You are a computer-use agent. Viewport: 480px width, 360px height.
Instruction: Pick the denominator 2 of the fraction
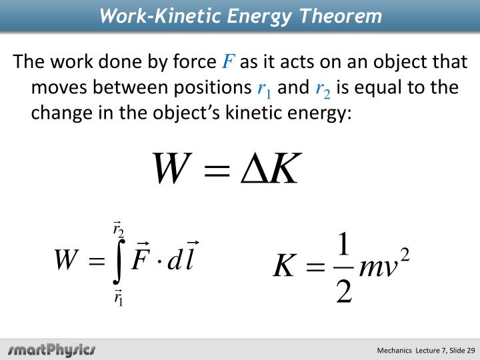[343, 291]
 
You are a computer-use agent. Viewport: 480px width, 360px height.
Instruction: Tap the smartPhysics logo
[52, 349]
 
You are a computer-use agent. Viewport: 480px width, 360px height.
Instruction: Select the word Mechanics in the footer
[396, 350]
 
